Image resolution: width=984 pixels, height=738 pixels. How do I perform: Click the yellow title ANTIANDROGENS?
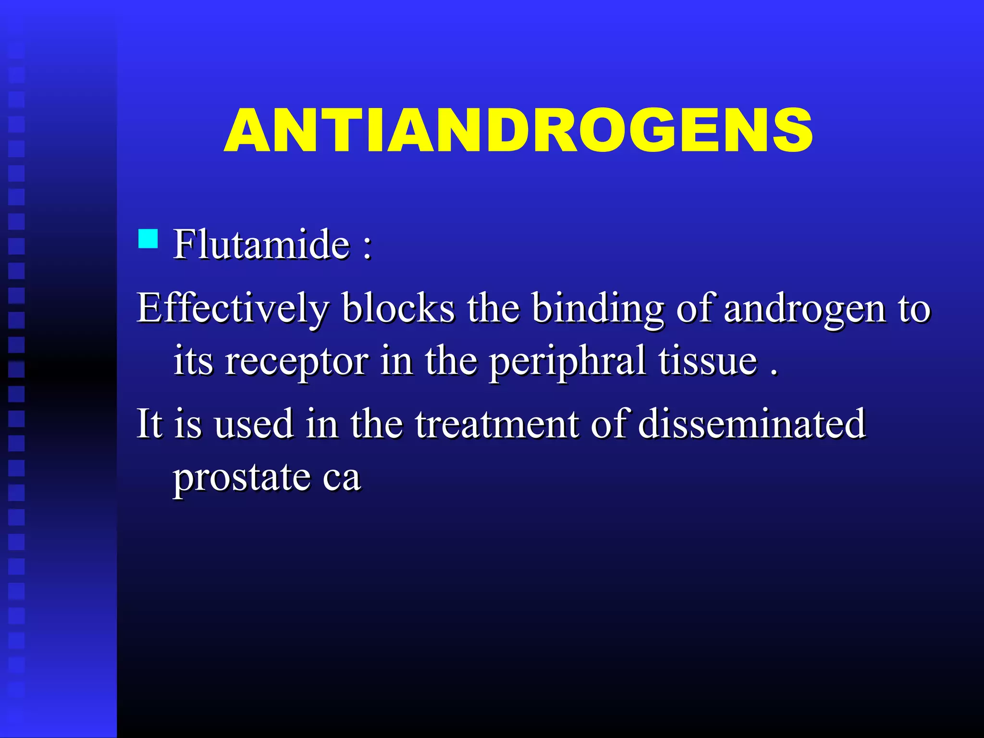pyautogui.click(x=518, y=131)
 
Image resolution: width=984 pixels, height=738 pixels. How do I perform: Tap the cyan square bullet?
pyautogui.click(x=148, y=238)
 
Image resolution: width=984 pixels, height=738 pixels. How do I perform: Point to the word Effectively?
pyautogui.click(x=233, y=308)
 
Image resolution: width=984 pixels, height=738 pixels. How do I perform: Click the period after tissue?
pyautogui.click(x=774, y=372)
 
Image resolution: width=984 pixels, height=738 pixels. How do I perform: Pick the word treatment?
pyautogui.click(x=497, y=424)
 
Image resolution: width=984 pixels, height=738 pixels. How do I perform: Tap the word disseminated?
pyautogui.click(x=752, y=424)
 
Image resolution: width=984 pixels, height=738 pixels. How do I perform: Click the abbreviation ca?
pyautogui.click(x=342, y=479)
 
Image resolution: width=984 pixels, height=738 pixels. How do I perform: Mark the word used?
pyautogui.click(x=254, y=424)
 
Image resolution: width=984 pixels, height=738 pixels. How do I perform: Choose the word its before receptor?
pyautogui.click(x=193, y=361)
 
